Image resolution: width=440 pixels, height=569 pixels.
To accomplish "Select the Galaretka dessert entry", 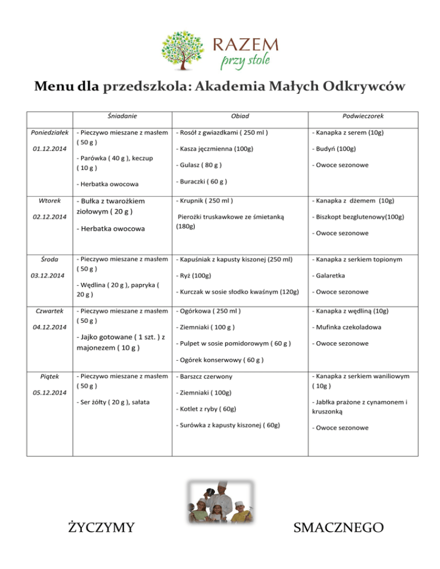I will pos(330,275).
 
